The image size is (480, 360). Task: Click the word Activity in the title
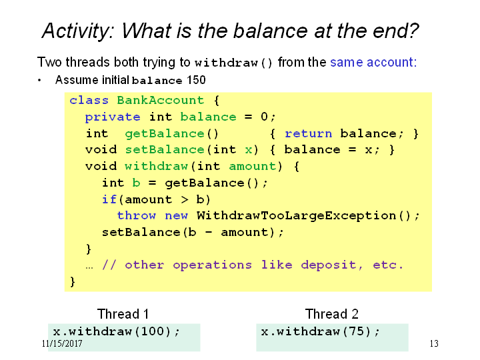tap(79, 31)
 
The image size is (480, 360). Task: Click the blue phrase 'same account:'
tap(373, 62)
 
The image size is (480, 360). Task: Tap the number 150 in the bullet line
tap(196, 80)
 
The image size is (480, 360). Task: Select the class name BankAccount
tap(161, 100)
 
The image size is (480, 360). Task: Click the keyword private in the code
tap(113, 117)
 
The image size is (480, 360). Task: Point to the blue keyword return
tap(308, 134)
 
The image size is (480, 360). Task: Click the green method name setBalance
tap(165, 150)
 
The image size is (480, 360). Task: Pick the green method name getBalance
tap(165, 134)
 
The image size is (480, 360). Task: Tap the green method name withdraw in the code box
tap(157, 166)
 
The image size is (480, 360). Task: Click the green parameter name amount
tap(252, 166)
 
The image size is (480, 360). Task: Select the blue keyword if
tap(109, 199)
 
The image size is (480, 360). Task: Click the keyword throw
tap(137, 215)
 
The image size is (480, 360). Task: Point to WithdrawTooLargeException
tap(296, 216)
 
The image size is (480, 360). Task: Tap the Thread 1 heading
tap(123, 314)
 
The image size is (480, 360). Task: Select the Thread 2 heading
tap(332, 314)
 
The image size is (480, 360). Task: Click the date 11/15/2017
tap(62, 343)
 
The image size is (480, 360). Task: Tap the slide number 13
tap(434, 343)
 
